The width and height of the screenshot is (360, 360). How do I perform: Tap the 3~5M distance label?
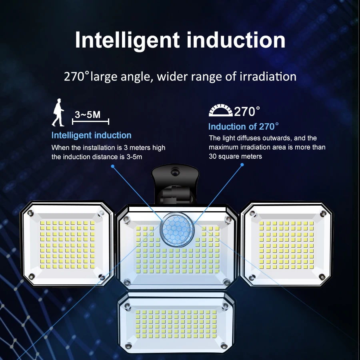click(x=88, y=115)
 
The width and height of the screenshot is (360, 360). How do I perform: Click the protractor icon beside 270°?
click(x=220, y=111)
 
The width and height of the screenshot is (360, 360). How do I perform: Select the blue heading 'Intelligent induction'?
click(x=91, y=135)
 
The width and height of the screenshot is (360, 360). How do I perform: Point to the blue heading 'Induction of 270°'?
click(x=243, y=127)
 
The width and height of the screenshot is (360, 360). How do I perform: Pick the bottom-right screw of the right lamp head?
click(x=322, y=276)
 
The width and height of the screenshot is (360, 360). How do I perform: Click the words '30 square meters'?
click(x=235, y=156)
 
